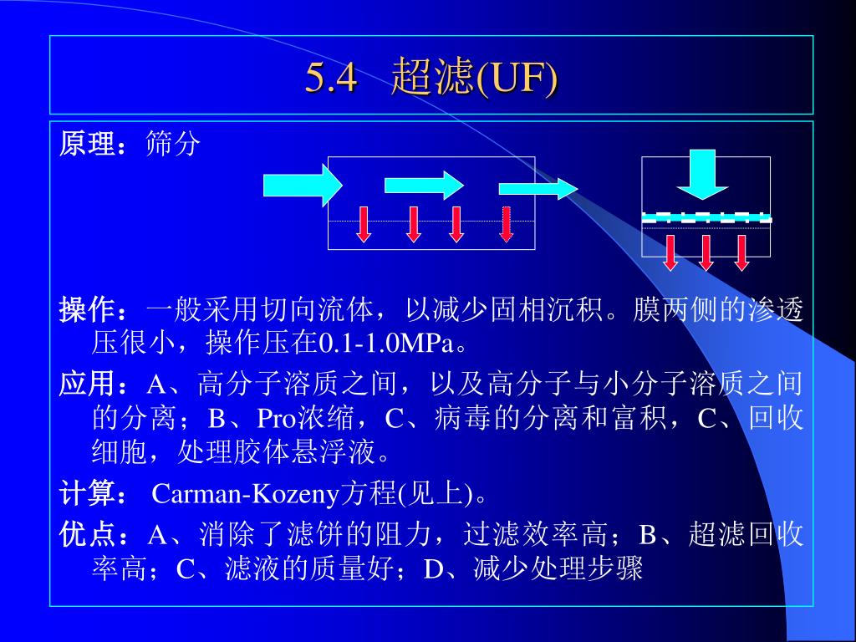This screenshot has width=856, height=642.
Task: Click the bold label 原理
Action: pyautogui.click(x=87, y=144)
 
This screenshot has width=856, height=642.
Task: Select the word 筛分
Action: pyautogui.click(x=173, y=144)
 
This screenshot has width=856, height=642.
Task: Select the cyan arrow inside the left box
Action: pyautogui.click(x=423, y=184)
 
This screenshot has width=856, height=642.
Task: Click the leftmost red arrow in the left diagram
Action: pyautogui.click(x=364, y=223)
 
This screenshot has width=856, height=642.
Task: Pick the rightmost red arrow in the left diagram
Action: pyautogui.click(x=506, y=223)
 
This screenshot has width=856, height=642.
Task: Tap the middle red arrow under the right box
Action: pyautogui.click(x=706, y=252)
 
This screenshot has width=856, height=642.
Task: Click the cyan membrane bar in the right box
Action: pyautogui.click(x=706, y=218)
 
